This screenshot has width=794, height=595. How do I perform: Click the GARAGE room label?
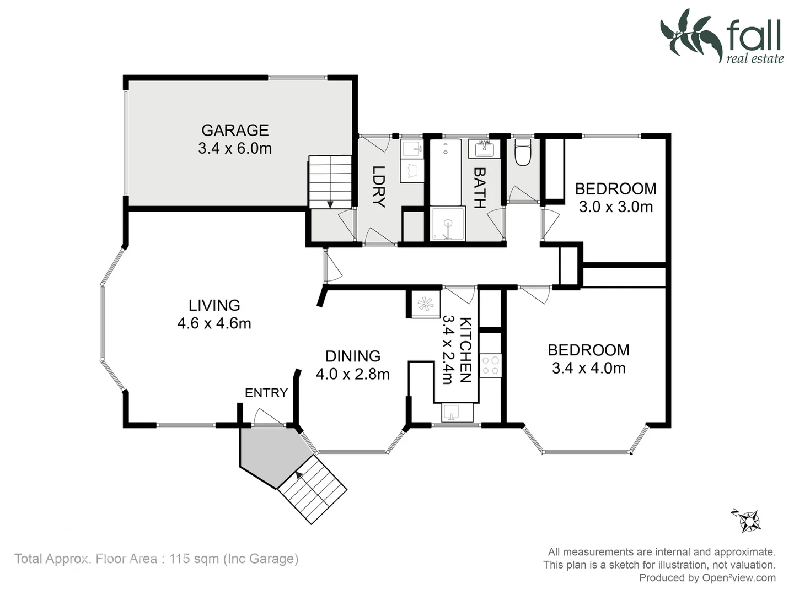point(235,130)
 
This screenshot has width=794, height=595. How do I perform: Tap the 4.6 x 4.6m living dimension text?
point(214,323)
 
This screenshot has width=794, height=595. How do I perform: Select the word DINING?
point(352,356)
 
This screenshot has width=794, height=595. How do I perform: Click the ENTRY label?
point(266,393)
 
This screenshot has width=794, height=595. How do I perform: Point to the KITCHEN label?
point(465,350)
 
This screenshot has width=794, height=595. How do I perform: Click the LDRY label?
point(378,186)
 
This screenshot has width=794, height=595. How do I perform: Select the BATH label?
point(479,188)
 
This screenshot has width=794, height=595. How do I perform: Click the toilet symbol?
point(522,152)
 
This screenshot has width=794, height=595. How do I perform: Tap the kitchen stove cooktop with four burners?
point(490,365)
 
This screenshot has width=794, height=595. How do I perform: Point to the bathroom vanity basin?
point(485,149)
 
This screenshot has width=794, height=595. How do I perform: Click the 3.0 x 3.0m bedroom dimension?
point(615,207)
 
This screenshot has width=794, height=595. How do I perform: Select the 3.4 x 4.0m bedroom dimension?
point(588,368)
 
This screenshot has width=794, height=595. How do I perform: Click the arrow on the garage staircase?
point(330,204)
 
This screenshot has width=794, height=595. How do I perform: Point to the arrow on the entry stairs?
point(299,474)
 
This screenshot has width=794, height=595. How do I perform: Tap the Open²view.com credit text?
point(738,578)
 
